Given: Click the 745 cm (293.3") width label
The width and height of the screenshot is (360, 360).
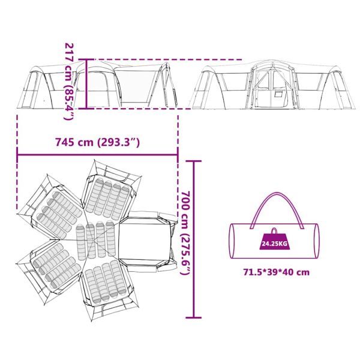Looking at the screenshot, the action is [97, 142].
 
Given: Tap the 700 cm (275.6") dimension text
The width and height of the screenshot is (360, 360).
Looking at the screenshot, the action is [185, 233].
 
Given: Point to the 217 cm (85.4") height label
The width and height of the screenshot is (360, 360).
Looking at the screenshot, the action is [69, 82].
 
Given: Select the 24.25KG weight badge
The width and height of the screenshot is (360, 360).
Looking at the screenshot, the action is [275, 241].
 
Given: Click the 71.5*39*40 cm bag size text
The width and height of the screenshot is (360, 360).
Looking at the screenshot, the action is [277, 272].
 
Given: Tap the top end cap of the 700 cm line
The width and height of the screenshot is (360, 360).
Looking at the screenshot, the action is [194, 161].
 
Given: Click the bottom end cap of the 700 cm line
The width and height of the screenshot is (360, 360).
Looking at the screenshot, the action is [194, 318].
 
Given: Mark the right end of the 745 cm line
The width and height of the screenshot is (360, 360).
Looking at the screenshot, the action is [178, 155].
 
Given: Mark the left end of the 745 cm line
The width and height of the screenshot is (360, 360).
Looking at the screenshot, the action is [17, 155].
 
